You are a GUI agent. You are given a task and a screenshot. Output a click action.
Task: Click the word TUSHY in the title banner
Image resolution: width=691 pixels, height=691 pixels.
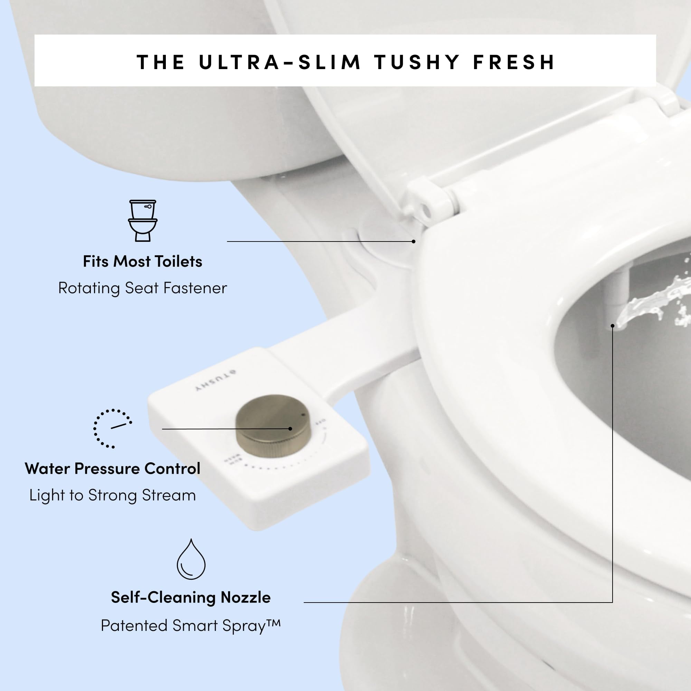pyautogui.click(x=417, y=62)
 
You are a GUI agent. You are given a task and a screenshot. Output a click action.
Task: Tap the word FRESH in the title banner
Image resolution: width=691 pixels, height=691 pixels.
pyautogui.click(x=514, y=62)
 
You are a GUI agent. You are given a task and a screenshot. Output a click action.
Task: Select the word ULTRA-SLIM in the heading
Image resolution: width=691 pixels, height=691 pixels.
pyautogui.click(x=280, y=62)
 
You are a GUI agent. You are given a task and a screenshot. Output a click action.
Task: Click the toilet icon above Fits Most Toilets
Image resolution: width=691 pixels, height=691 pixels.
pyautogui.click(x=143, y=220)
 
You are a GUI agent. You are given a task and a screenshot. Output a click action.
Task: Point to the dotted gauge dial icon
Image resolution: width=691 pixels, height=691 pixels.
pyautogui.click(x=112, y=428)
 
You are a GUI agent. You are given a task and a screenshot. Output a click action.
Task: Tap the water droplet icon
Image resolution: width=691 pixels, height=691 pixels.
pyautogui.click(x=191, y=560)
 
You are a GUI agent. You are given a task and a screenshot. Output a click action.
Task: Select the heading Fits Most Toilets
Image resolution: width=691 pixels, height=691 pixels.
pyautogui.click(x=142, y=262)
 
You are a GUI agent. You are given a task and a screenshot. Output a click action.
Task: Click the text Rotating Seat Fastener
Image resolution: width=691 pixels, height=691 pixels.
pyautogui.click(x=142, y=288)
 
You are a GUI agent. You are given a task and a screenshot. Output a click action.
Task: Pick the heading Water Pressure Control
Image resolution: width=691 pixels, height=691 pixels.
pyautogui.click(x=112, y=468)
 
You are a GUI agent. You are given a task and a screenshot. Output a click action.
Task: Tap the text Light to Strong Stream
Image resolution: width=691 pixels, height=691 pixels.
pyautogui.click(x=112, y=495)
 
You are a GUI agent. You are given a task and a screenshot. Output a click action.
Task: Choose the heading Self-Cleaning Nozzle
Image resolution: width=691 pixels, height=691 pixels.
pyautogui.click(x=191, y=597)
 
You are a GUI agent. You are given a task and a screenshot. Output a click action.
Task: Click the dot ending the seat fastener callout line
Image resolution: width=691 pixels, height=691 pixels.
pyautogui.click(x=414, y=242)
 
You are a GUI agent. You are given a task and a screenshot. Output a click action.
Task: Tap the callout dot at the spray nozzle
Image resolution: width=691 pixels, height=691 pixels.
pyautogui.click(x=613, y=326)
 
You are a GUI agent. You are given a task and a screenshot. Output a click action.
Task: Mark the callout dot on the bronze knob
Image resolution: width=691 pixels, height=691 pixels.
pyautogui.click(x=290, y=428)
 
